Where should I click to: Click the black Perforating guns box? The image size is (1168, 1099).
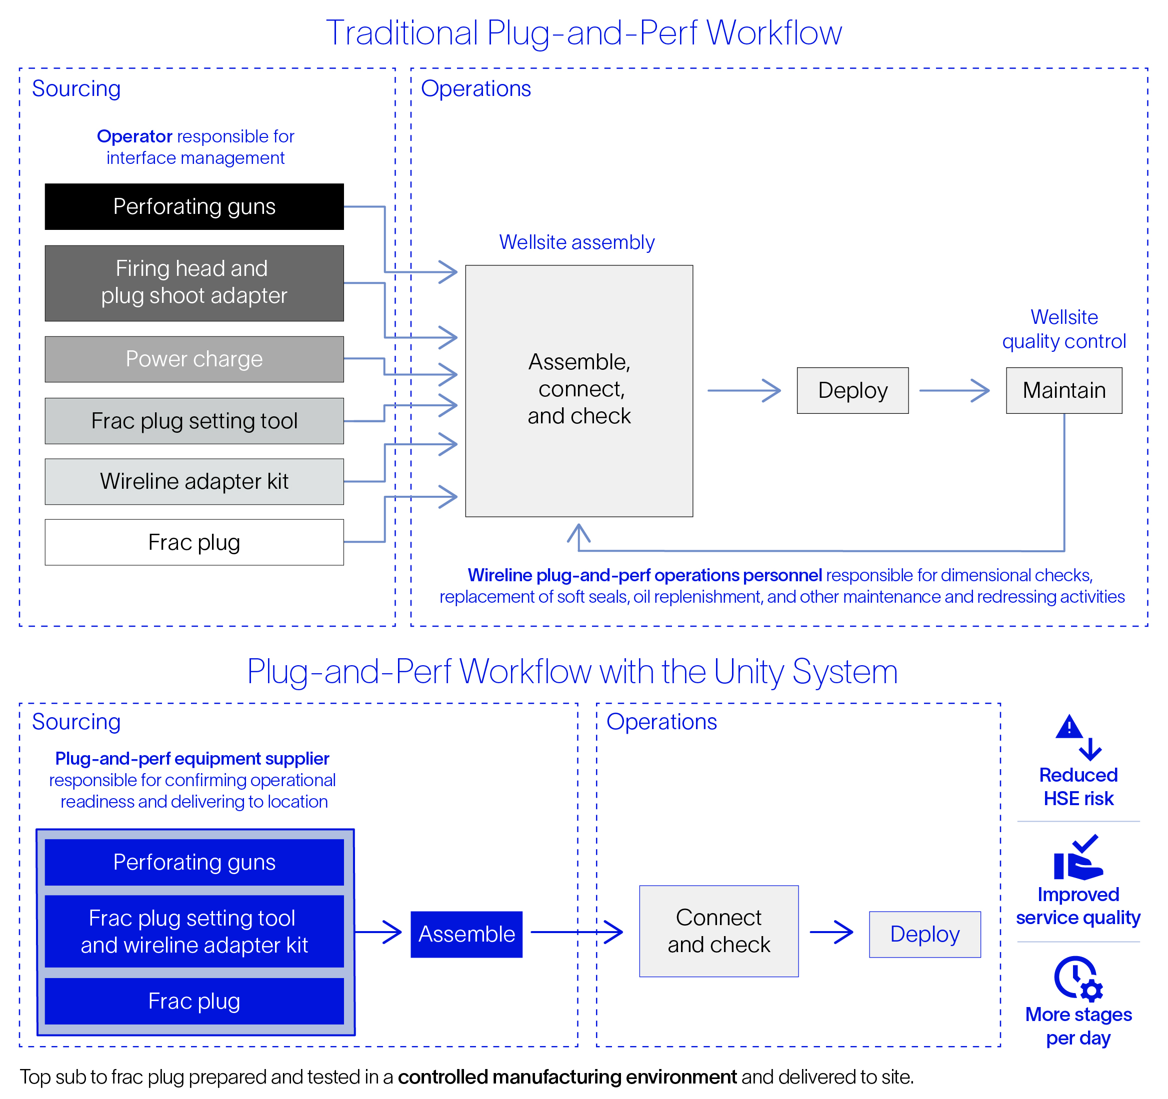pos(194,207)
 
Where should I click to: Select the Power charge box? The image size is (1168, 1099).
pos(194,359)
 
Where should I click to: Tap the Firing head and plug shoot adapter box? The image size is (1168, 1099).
pos(194,282)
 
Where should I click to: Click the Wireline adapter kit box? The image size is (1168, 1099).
pos(194,481)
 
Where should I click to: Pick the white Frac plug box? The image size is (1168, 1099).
pos(194,542)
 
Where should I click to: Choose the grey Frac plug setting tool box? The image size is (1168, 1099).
pos(194,421)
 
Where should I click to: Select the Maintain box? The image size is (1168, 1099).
pos(1063,391)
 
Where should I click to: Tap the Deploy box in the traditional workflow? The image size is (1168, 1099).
pos(852,391)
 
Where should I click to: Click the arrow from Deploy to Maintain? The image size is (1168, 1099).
pos(954,391)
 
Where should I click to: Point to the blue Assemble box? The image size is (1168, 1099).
pos(466,934)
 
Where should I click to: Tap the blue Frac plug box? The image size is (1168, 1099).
pos(194,1001)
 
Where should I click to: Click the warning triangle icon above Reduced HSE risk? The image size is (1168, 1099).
pos(1069,728)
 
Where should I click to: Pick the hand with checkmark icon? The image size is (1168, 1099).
pos(1077,859)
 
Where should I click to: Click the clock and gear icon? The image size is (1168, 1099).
pos(1077,979)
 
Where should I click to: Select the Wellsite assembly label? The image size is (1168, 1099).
pos(576,242)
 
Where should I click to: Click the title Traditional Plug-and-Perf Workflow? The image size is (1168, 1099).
pos(583,32)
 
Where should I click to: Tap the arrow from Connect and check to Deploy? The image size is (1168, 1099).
pos(831,932)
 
